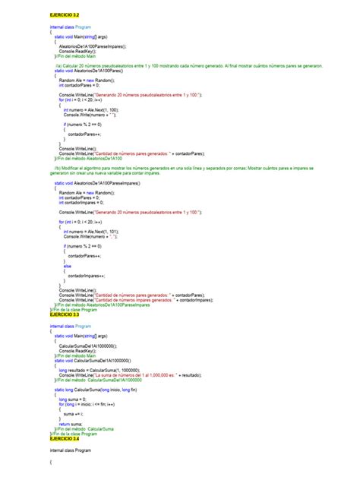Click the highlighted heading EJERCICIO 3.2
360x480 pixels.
(65, 14)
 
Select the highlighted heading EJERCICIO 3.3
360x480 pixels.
(65, 314)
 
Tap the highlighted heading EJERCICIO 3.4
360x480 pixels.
(65, 438)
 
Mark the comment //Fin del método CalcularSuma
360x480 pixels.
(84, 429)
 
